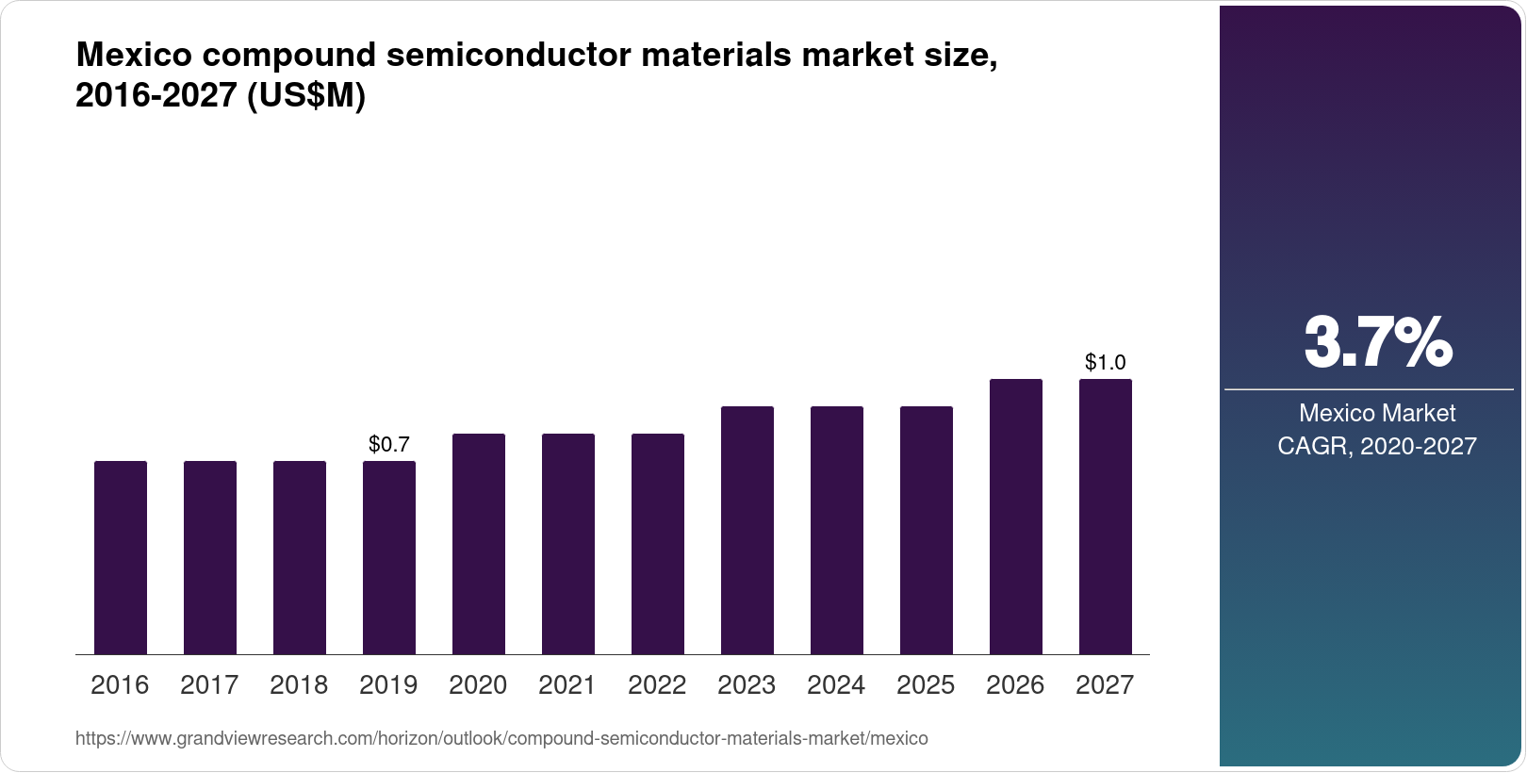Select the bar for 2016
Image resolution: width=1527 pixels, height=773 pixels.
point(121,557)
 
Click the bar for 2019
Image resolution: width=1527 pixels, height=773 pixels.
point(389,557)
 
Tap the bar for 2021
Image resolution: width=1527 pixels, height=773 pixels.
point(568,544)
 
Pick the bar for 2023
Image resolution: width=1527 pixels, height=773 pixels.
point(747,530)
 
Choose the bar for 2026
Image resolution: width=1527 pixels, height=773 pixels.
point(1016,517)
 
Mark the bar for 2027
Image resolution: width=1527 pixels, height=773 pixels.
point(1106,517)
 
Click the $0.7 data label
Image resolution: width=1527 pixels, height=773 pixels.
point(389,443)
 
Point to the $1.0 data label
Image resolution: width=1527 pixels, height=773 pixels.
point(1106,362)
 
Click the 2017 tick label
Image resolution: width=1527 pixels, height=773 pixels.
point(209,685)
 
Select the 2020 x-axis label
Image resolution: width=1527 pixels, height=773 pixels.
point(478,685)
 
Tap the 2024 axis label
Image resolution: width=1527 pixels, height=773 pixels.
point(836,685)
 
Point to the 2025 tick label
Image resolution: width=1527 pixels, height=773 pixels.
point(926,685)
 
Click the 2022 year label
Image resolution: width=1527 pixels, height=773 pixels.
point(657,685)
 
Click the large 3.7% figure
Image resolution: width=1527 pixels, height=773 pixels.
point(1377,343)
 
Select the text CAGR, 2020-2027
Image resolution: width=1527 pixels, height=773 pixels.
point(1377,446)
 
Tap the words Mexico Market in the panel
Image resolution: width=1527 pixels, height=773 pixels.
point(1377,413)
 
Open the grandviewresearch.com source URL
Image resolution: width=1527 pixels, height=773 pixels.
point(501,739)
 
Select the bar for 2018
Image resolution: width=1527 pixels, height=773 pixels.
point(300,557)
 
